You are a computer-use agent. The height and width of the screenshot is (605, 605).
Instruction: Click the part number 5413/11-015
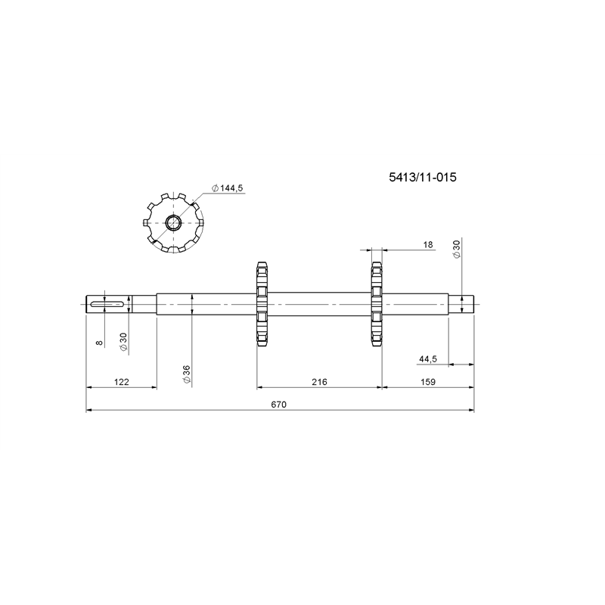click(x=423, y=178)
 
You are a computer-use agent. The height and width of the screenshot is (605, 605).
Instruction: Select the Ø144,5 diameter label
click(x=228, y=188)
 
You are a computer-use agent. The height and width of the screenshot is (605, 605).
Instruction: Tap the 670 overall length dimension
click(x=279, y=405)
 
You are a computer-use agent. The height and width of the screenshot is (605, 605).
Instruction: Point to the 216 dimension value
click(x=319, y=382)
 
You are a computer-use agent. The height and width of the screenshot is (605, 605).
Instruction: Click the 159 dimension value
click(x=428, y=382)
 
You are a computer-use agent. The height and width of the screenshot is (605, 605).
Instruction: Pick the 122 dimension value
click(x=122, y=382)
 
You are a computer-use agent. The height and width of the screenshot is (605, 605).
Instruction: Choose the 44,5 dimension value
click(x=428, y=359)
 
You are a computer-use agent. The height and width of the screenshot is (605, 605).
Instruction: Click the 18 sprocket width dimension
click(x=428, y=244)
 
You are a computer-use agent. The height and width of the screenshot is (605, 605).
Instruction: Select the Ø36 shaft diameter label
click(x=187, y=374)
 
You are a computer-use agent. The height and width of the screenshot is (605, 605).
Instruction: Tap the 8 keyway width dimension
click(x=100, y=343)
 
